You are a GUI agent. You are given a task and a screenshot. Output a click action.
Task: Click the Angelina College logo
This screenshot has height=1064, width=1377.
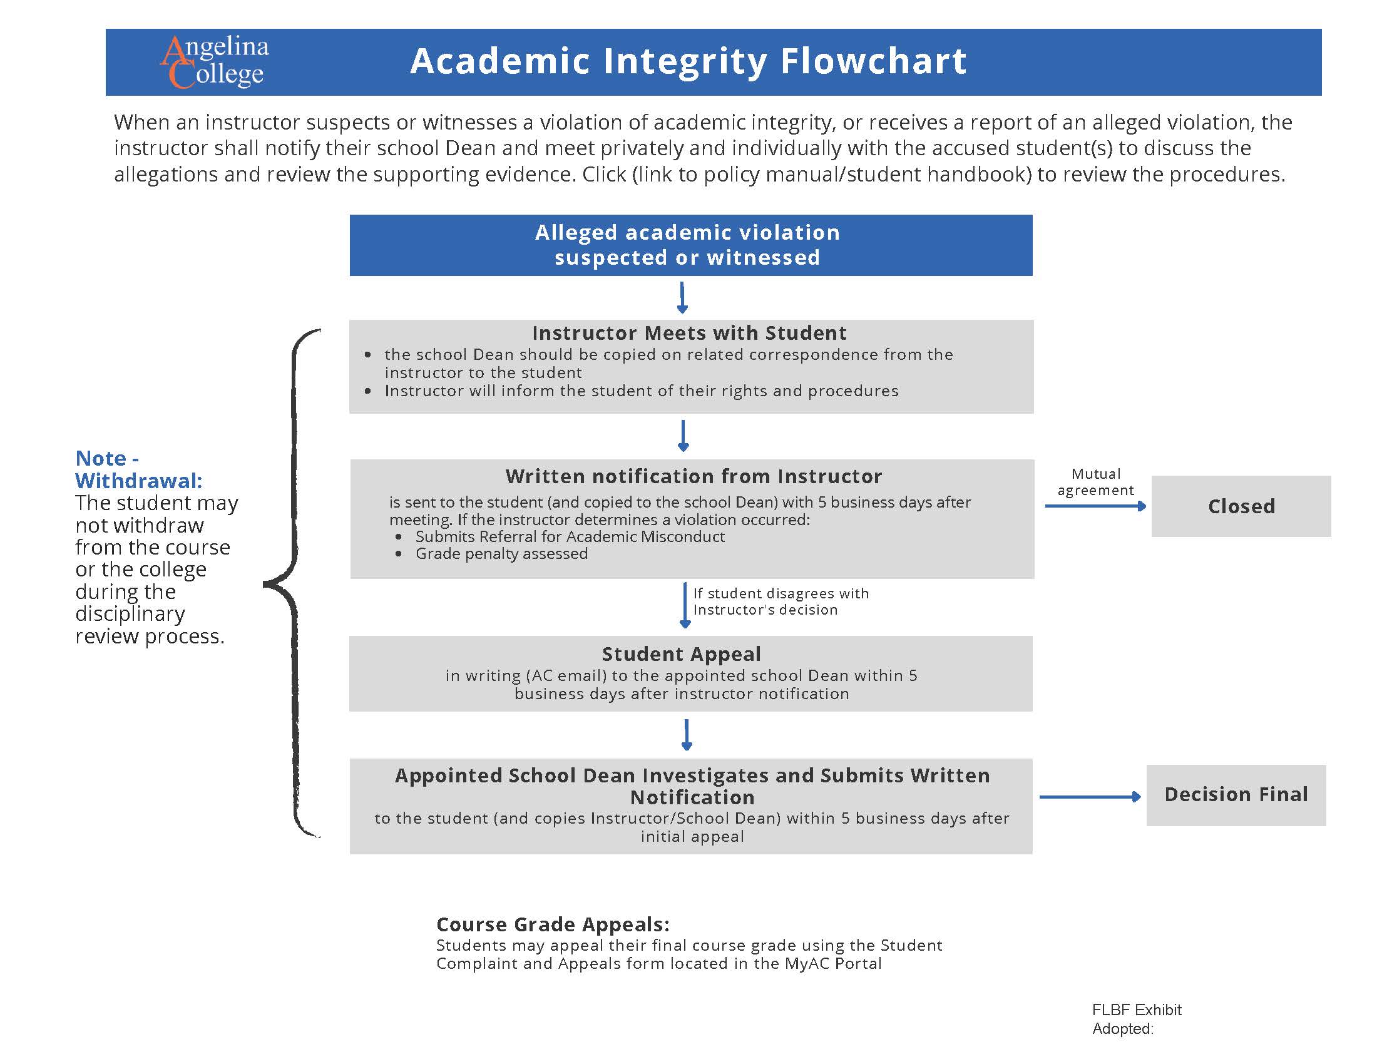click(x=214, y=61)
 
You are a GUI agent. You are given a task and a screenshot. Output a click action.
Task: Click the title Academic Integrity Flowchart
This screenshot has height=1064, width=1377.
click(x=688, y=61)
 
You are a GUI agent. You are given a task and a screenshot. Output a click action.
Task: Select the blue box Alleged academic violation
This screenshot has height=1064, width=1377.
click(x=690, y=245)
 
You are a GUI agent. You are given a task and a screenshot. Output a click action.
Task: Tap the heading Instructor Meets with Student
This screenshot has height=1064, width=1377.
click(x=689, y=333)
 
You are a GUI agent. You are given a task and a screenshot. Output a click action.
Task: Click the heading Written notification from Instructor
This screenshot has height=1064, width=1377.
click(x=693, y=476)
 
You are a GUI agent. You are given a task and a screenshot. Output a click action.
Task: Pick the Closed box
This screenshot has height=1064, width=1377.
click(x=1240, y=506)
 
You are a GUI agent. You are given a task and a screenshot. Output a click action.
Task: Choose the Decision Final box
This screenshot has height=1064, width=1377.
click(x=1235, y=794)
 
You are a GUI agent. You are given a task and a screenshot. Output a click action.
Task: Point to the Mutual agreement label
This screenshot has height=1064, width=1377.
click(x=1095, y=482)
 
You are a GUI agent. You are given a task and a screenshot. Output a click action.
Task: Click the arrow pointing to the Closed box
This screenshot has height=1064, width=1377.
click(x=1095, y=506)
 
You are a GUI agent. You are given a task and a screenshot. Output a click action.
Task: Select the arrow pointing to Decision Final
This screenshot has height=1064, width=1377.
click(x=1090, y=797)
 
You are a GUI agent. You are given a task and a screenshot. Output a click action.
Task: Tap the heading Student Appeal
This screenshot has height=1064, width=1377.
click(x=681, y=653)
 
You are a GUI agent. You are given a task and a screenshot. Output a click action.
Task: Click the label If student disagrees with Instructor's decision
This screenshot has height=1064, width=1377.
click(x=781, y=601)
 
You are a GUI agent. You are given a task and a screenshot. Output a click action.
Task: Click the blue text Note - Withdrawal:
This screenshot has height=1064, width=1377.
click(x=138, y=469)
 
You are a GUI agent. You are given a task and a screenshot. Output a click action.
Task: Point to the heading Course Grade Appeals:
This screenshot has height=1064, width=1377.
click(x=552, y=924)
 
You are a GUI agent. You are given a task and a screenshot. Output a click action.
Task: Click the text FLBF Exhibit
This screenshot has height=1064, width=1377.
click(x=1136, y=1010)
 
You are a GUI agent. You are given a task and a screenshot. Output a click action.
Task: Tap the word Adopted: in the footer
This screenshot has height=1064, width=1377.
click(x=1122, y=1029)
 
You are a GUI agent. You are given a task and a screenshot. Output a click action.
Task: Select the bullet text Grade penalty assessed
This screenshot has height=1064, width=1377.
click(x=501, y=553)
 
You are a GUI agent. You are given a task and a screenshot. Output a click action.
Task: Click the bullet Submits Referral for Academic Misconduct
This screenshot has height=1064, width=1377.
click(x=570, y=536)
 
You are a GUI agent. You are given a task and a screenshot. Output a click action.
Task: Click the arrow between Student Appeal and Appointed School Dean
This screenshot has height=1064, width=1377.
click(x=687, y=734)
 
